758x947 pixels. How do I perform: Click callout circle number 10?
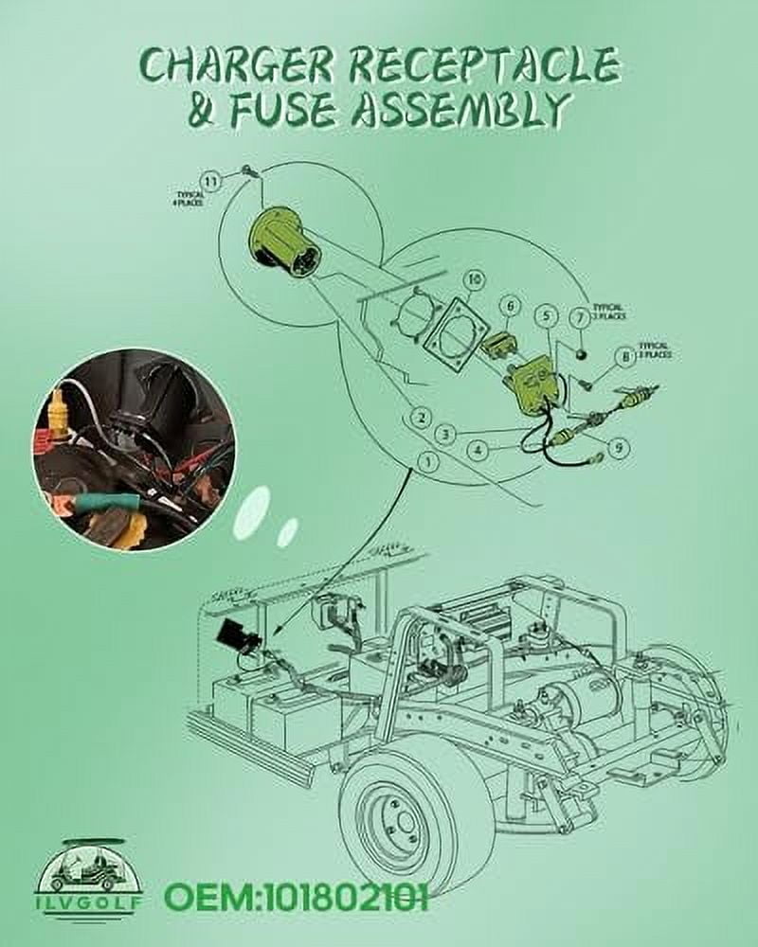[x=474, y=279]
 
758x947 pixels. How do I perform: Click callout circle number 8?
[x=624, y=357]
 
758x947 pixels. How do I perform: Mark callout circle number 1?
[x=428, y=462]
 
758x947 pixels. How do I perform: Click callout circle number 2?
[x=422, y=417]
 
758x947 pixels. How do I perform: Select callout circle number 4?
[x=479, y=449]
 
